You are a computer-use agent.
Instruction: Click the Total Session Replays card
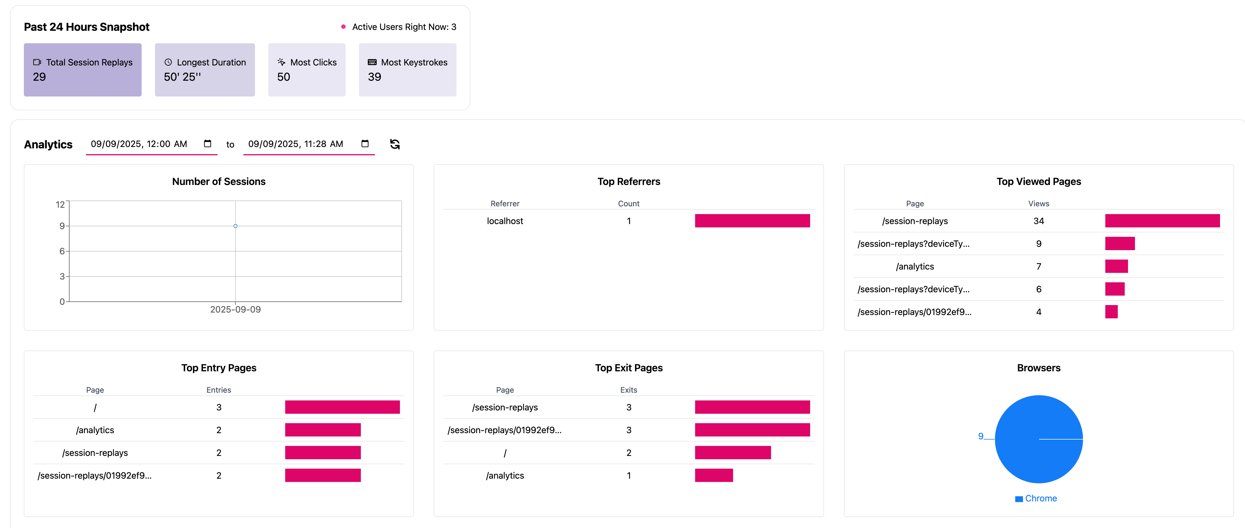pos(83,70)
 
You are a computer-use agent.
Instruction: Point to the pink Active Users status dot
pos(343,27)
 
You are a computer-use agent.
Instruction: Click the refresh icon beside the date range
pos(395,144)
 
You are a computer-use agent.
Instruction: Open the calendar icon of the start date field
pos(207,144)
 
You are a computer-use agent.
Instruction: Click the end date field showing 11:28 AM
pos(296,144)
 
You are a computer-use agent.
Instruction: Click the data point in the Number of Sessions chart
pos(235,226)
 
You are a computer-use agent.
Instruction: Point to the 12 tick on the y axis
pos(60,205)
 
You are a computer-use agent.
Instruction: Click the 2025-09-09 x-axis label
pos(235,309)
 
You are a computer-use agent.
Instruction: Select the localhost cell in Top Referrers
pos(505,221)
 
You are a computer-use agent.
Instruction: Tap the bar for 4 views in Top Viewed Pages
pos(1111,312)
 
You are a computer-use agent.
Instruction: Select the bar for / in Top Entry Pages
pos(342,407)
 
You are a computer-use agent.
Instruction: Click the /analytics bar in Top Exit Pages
pos(714,475)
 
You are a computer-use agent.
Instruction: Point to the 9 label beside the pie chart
pos(981,436)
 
